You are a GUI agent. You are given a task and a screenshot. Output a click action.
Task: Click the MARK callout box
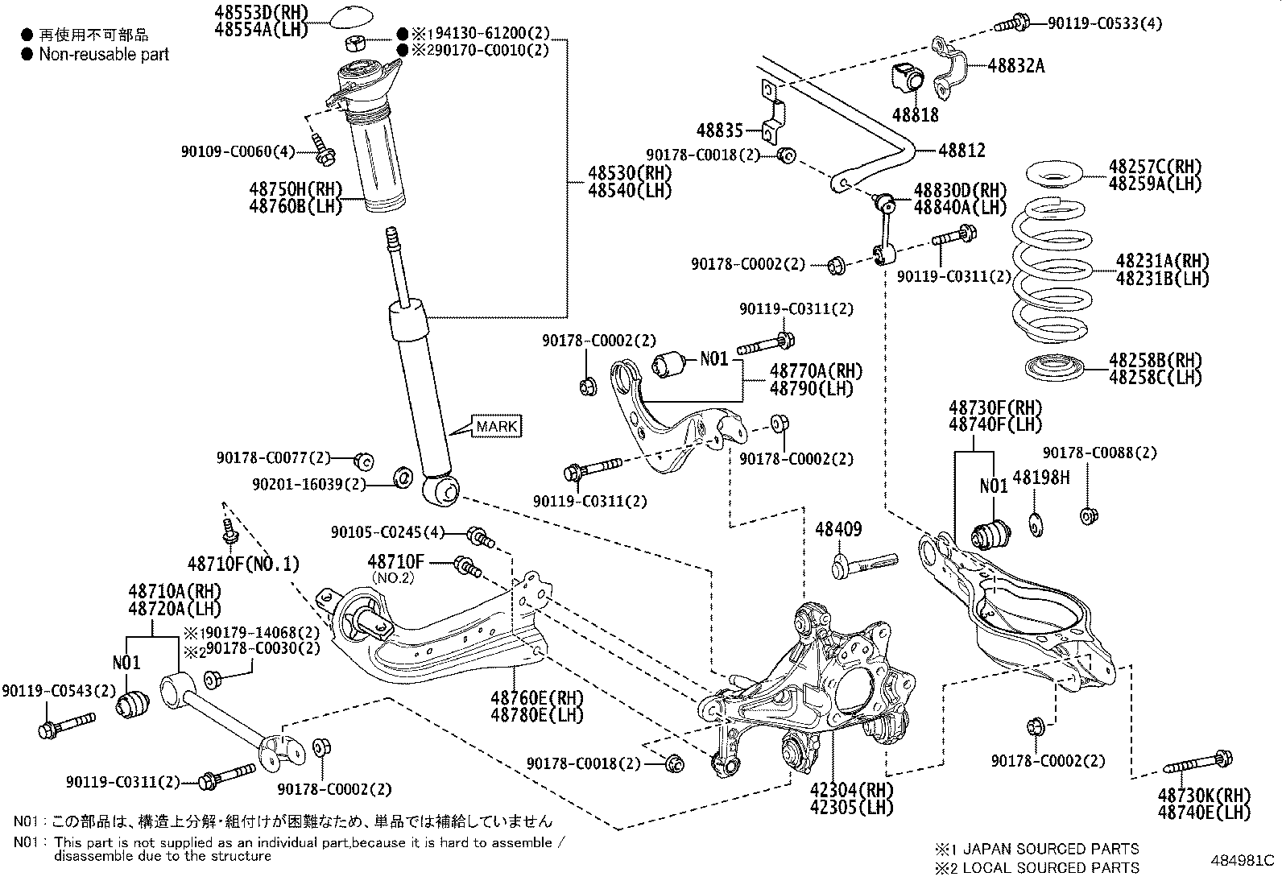(x=496, y=426)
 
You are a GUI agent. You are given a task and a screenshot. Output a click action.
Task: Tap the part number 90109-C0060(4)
(x=240, y=151)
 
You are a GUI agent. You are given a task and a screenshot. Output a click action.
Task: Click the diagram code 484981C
(x=1241, y=860)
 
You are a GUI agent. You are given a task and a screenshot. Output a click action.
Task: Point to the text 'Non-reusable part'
(x=104, y=55)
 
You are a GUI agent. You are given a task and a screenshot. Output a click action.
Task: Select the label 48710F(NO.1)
(x=243, y=564)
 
